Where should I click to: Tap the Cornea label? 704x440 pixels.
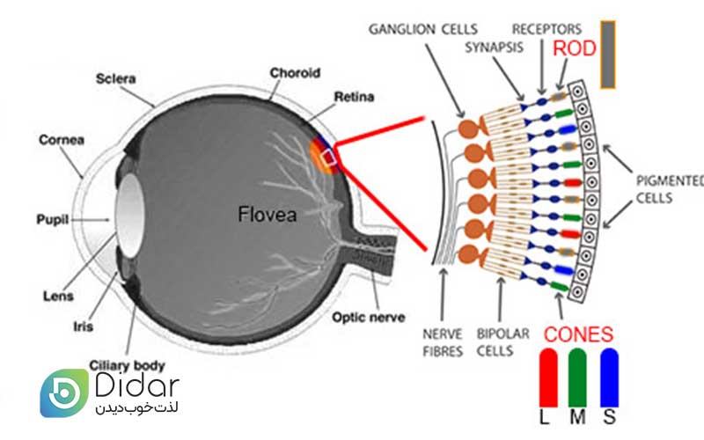point(60,140)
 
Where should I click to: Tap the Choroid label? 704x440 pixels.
point(294,73)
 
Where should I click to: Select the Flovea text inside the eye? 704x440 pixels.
point(268,213)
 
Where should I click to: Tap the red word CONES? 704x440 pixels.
point(578,334)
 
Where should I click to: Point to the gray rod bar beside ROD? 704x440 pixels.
point(607,55)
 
